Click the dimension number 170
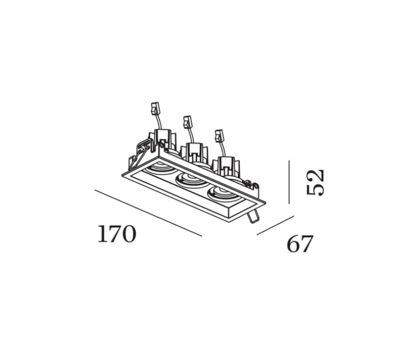(x=117, y=234)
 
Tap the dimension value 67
(x=300, y=244)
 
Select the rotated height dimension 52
(x=315, y=182)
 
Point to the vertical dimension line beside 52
(x=289, y=182)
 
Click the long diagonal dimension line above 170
(x=148, y=212)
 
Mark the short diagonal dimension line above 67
(x=275, y=225)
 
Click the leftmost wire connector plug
(x=156, y=109)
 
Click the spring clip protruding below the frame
(x=254, y=216)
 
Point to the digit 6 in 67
(x=294, y=244)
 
